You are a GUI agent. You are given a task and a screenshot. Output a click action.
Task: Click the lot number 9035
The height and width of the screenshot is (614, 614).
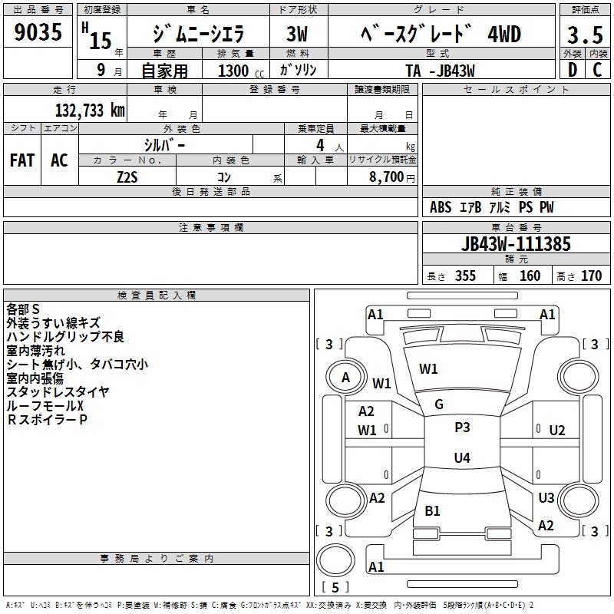click(x=38, y=34)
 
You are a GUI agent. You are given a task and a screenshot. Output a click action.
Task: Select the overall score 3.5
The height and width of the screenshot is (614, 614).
click(x=584, y=35)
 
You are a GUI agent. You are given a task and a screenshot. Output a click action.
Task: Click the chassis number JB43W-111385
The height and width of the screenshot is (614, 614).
click(x=516, y=244)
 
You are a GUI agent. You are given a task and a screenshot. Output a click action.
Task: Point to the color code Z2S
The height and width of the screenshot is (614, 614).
click(x=127, y=176)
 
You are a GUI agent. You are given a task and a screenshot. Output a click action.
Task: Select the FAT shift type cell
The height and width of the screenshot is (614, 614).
click(x=22, y=160)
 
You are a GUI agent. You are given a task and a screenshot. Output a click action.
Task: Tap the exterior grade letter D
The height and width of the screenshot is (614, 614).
click(x=573, y=70)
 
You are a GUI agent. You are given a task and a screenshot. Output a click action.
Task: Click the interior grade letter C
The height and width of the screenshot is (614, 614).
click(x=597, y=70)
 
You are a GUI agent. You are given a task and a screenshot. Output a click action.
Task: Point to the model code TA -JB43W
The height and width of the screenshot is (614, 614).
click(x=440, y=70)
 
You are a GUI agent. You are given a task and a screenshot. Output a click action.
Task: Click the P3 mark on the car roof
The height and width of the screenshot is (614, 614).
click(x=462, y=427)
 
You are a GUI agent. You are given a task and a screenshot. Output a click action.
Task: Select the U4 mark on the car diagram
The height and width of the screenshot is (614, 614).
click(x=461, y=458)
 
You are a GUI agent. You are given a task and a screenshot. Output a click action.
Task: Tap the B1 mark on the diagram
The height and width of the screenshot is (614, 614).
click(x=432, y=511)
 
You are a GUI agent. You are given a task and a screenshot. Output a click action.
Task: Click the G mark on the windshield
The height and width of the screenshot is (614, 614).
click(x=438, y=404)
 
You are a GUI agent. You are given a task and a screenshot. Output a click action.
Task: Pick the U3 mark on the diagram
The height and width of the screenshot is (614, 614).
click(x=546, y=498)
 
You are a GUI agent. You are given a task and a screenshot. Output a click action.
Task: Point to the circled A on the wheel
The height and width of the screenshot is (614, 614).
click(x=345, y=378)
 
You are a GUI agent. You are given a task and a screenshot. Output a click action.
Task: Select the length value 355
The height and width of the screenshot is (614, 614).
click(x=465, y=276)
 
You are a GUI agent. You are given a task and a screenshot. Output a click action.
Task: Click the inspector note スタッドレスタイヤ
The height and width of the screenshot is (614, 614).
click(x=58, y=392)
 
